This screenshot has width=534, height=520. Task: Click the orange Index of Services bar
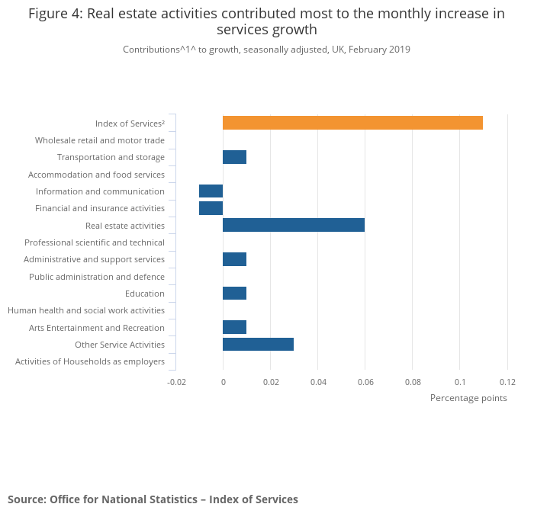click(352, 123)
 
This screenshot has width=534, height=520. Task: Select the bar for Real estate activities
click(293, 225)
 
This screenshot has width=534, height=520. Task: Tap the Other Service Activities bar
click(258, 345)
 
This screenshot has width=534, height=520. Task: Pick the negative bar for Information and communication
click(211, 191)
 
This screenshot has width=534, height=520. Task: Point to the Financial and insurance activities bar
click(211, 208)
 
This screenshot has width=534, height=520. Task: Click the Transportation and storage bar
click(234, 157)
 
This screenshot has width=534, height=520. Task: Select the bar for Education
click(234, 294)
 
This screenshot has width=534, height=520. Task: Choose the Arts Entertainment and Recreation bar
click(234, 328)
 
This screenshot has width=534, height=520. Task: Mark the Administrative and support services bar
click(234, 259)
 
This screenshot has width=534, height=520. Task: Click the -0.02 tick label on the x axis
click(175, 382)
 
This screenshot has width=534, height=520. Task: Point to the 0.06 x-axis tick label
click(365, 382)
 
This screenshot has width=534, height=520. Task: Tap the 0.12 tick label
click(507, 382)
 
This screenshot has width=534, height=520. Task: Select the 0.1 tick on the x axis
click(460, 382)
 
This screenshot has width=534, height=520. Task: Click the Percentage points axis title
click(468, 398)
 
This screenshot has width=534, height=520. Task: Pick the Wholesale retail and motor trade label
click(99, 140)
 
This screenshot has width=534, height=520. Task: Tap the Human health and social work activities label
click(85, 310)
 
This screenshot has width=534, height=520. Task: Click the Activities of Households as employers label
click(89, 361)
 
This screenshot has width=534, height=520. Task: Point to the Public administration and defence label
click(96, 277)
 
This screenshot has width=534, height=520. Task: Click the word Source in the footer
click(26, 499)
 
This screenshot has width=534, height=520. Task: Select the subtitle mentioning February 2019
click(266, 50)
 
